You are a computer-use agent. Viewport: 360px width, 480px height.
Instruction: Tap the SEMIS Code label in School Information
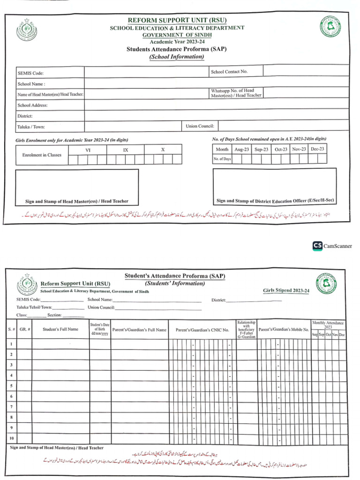(30, 73)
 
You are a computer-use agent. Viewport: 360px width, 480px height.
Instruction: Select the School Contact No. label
(229, 72)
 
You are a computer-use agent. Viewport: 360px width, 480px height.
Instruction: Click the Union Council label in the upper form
(200, 126)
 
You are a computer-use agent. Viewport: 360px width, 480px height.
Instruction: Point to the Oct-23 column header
(281, 149)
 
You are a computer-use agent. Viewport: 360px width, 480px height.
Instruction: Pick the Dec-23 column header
(317, 149)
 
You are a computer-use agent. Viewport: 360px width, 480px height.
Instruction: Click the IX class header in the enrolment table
(125, 150)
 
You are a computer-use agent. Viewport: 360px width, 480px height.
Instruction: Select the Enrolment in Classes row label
(42, 155)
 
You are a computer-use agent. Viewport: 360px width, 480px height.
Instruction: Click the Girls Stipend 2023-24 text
(286, 291)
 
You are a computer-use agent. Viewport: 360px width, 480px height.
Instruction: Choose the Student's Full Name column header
(60, 329)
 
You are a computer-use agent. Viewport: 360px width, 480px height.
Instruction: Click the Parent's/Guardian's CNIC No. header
(202, 330)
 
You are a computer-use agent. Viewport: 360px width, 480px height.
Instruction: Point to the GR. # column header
(25, 329)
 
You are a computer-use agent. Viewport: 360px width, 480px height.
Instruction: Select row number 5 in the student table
(11, 386)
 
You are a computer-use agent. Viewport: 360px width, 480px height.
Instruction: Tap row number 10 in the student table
(11, 438)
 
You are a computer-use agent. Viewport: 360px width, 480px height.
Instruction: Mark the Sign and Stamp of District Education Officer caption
(275, 201)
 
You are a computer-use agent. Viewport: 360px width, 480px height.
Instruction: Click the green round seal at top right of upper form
(331, 27)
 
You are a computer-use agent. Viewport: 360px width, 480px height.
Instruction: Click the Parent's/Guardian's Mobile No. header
(284, 330)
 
